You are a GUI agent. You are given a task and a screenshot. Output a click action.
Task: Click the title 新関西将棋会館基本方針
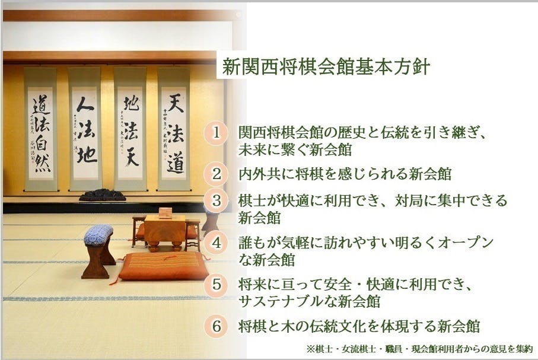click(326, 66)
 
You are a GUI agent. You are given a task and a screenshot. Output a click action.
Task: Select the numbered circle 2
click(217, 174)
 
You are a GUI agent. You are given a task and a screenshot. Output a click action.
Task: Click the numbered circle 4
click(217, 243)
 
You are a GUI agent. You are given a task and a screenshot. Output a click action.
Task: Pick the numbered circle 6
click(217, 326)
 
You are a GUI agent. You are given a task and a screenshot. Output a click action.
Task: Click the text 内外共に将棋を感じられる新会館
click(345, 174)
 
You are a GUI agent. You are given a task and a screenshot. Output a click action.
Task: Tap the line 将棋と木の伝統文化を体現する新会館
click(359, 326)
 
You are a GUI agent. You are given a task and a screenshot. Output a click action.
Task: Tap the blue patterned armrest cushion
click(98, 234)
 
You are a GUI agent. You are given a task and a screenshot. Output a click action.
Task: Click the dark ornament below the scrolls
click(102, 195)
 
